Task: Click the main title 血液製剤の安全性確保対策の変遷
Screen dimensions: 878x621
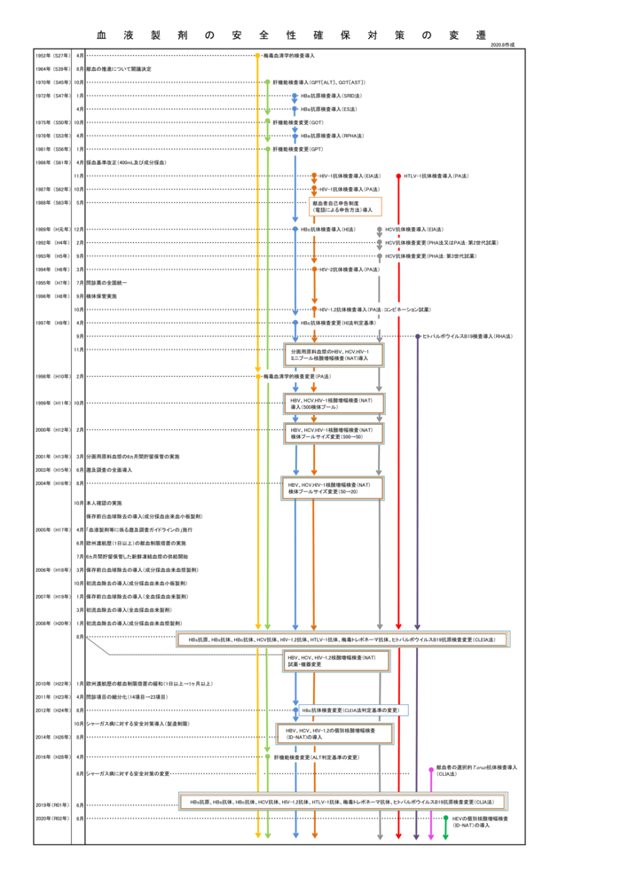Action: [292, 35]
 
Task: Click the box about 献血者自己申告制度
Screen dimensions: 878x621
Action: [345, 207]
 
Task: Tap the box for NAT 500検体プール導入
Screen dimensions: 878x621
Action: [334, 404]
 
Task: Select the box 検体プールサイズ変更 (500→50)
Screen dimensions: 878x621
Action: [334, 433]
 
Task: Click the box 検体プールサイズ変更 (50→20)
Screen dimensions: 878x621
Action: [332, 488]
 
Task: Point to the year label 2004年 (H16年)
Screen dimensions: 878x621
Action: [53, 483]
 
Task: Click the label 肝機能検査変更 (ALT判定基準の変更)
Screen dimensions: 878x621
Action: [316, 756]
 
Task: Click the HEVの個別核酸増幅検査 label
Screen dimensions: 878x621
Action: [480, 821]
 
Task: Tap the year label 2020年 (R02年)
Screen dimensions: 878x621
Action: [53, 819]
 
